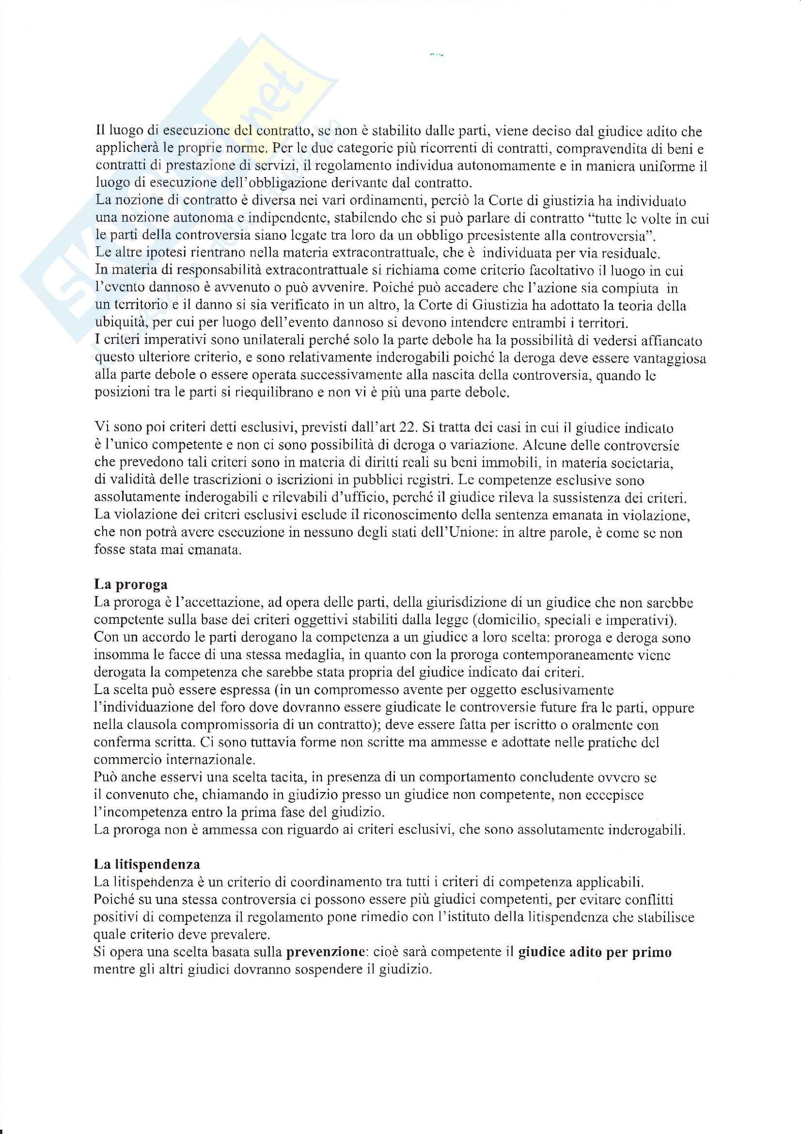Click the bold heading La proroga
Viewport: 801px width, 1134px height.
click(x=131, y=585)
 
